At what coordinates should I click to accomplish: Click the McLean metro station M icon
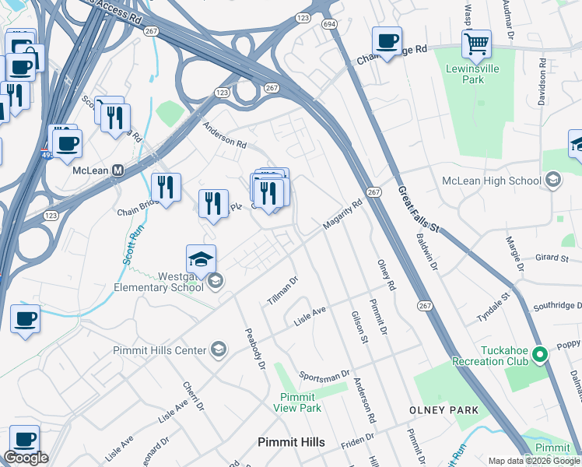coord(119,170)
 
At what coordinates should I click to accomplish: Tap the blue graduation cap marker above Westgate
coord(201,260)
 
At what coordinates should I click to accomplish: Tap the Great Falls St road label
coord(419,208)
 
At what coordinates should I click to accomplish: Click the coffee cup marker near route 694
coord(386,40)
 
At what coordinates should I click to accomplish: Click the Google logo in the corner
coord(26,458)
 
